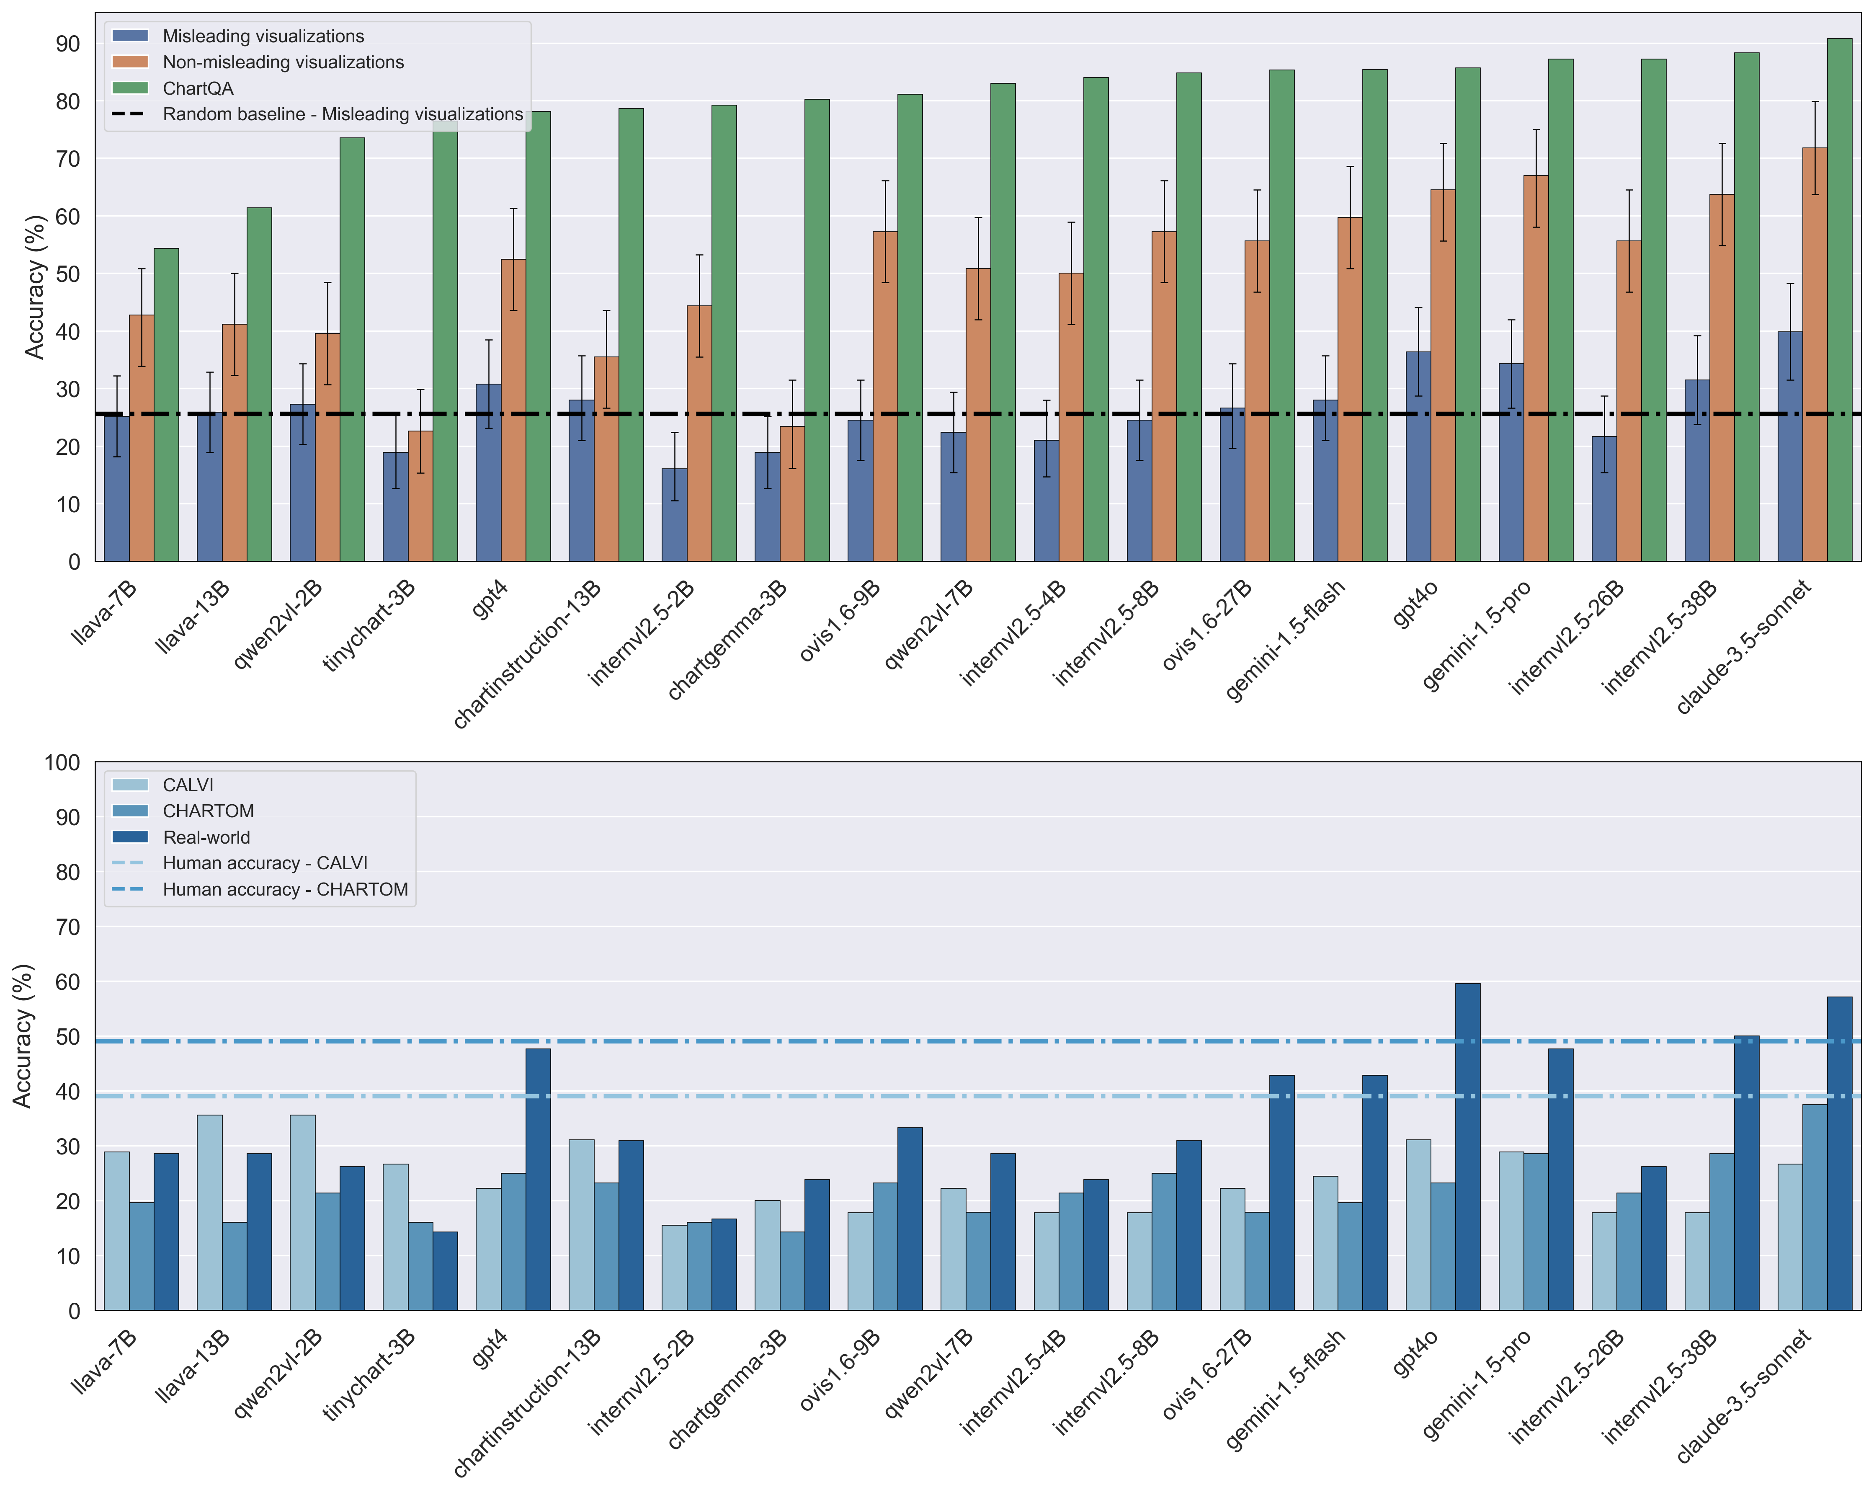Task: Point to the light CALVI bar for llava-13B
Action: (x=209, y=1213)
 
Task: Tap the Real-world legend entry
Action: (x=206, y=837)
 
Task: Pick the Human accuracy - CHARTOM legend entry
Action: (x=285, y=889)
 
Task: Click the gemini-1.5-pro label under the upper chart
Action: (x=1478, y=635)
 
